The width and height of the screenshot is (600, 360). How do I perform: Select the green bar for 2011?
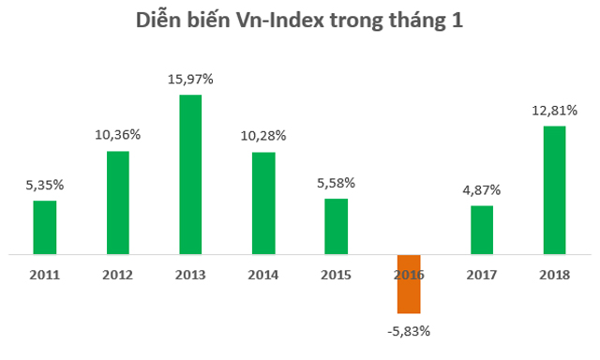coord(45,227)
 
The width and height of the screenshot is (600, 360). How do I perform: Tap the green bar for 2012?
coord(118,202)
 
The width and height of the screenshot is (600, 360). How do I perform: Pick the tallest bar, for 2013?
coord(190,174)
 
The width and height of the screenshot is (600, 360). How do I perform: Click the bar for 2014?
coord(263,202)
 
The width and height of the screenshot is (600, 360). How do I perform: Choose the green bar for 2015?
coord(336,226)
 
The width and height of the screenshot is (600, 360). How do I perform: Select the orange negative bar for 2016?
coord(409,283)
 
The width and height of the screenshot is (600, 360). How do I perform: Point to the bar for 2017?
coord(481,230)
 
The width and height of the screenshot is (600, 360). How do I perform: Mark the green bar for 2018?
coord(554,190)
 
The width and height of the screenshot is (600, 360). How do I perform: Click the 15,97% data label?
coord(190,80)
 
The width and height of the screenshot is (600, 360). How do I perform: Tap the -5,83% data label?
coord(409,330)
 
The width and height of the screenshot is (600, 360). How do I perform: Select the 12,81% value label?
coord(554,111)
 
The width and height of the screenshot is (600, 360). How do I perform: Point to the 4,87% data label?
coord(481,190)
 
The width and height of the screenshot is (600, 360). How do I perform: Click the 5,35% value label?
coord(45,186)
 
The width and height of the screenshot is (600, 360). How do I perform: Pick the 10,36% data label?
coord(118,135)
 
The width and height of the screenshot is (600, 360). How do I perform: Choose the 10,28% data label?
coord(263,137)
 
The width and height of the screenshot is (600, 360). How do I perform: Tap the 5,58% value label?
coord(336,183)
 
